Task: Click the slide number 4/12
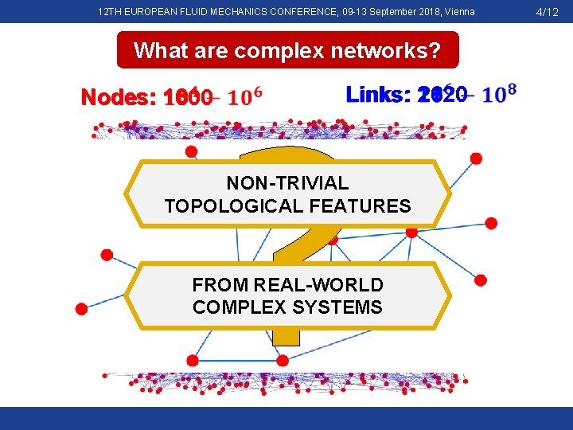[547, 12]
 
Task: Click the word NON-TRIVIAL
[287, 184]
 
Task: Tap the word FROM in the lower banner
[220, 285]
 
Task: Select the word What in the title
[159, 51]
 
